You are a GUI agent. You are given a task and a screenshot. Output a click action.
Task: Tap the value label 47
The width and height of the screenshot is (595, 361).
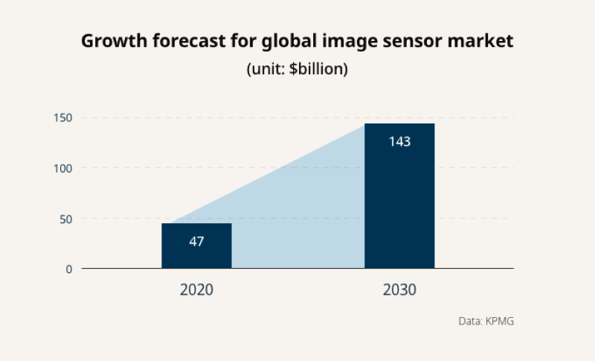coord(196,241)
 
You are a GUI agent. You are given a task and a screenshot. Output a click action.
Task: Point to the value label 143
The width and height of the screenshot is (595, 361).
coord(399,141)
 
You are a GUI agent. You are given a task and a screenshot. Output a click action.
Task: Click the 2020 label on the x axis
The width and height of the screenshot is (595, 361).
coord(196,290)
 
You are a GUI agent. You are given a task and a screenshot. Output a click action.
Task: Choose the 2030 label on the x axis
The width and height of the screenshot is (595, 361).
coord(399,290)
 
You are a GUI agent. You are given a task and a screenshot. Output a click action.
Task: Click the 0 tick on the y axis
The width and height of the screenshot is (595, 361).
coord(68,269)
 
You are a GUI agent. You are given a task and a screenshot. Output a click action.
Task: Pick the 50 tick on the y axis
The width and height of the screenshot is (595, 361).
coord(65,219)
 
